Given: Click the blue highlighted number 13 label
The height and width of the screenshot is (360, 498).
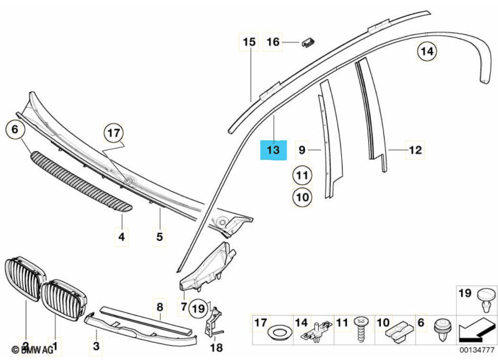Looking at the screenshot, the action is tap(273, 150).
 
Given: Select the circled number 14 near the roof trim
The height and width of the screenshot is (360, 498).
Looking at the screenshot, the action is tap(427, 51).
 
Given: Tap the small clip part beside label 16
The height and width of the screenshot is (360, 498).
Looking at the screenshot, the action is tap(308, 42).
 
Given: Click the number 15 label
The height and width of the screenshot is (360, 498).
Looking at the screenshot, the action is tap(249, 42).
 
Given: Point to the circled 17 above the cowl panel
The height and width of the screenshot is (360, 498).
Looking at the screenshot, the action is tap(114, 133).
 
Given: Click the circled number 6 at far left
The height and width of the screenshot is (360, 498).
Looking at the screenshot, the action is tap(15, 129).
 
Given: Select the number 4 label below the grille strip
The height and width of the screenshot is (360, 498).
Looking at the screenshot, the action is tap(122, 237).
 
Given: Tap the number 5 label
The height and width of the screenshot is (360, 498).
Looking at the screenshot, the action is tap(159, 237).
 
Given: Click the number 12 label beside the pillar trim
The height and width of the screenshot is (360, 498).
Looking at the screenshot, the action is tap(415, 150).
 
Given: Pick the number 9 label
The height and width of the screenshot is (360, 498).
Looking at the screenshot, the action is tap(302, 150).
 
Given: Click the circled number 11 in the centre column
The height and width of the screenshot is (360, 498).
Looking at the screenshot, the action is tap(302, 176).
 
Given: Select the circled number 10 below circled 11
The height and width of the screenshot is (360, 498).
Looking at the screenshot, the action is tap(302, 197).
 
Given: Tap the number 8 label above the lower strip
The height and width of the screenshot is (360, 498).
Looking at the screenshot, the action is tap(160, 307).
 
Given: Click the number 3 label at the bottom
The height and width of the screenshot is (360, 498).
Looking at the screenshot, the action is tap(96, 346).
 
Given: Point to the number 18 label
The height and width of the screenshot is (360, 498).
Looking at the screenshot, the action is tap(216, 347).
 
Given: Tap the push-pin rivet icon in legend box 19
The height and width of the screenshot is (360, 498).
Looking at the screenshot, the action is tap(486, 299).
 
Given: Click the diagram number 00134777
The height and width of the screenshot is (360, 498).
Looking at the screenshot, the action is tap(477, 350).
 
